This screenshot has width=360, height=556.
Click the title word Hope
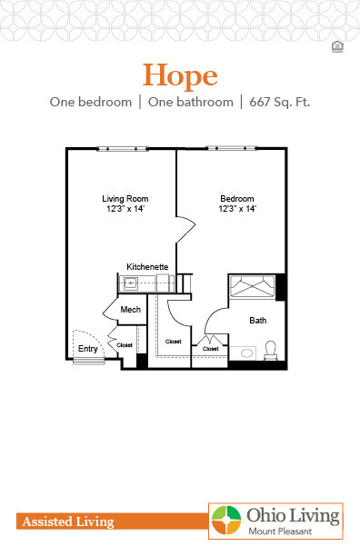[x=180, y=74]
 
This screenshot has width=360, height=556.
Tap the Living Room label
[x=125, y=199]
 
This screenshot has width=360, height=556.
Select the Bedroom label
[x=236, y=199]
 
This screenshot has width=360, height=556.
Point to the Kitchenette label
[x=147, y=266]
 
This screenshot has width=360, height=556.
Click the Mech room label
[x=130, y=311]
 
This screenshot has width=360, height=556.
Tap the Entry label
[x=88, y=348]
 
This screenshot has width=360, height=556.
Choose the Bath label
[x=258, y=320]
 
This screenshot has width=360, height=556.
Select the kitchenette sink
[x=132, y=283]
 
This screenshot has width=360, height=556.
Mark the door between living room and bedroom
[x=185, y=230]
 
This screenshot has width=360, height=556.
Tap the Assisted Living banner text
[x=65, y=521]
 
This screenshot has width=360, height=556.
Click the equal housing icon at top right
[x=338, y=44]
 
